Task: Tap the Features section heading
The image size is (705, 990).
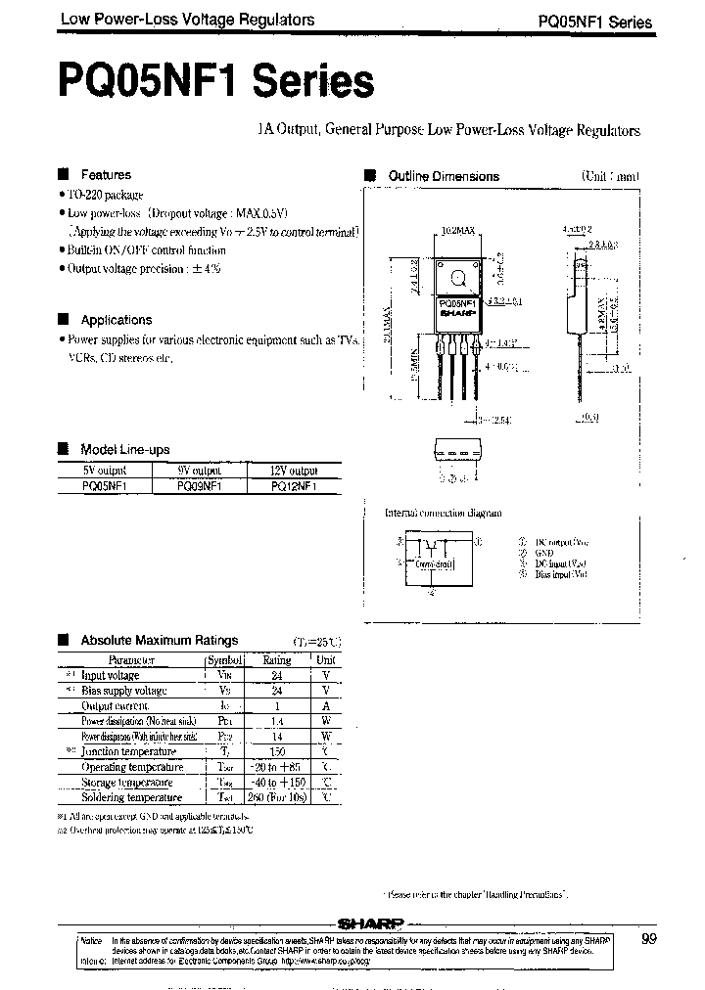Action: click(x=106, y=174)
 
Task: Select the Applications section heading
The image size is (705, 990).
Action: click(x=116, y=320)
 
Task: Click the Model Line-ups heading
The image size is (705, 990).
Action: click(x=124, y=449)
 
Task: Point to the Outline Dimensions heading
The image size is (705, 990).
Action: click(x=444, y=176)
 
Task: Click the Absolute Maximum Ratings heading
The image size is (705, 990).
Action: click(x=159, y=641)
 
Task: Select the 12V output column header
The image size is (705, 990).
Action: click(x=290, y=470)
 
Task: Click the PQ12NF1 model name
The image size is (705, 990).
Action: click(x=291, y=484)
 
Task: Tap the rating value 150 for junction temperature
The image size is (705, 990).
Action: click(x=277, y=751)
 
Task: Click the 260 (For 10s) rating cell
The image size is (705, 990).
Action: click(x=277, y=797)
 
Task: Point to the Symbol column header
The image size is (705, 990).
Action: click(x=223, y=659)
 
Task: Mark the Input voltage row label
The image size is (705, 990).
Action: click(x=110, y=675)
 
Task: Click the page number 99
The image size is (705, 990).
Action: click(x=649, y=939)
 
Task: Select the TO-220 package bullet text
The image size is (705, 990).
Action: click(x=106, y=196)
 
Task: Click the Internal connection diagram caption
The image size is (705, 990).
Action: click(x=443, y=513)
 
